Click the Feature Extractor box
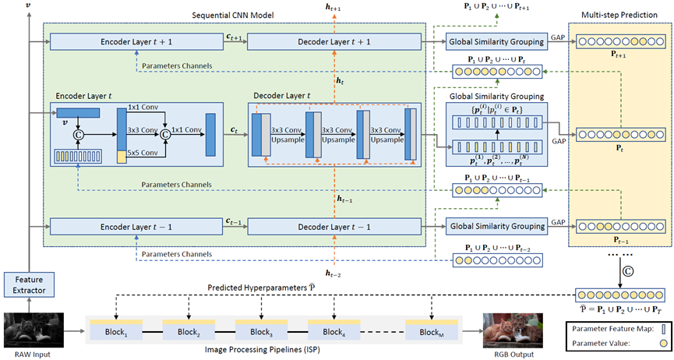point(29,284)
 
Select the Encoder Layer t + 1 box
point(136,42)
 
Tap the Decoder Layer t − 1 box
point(334,227)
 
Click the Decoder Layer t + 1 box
point(334,42)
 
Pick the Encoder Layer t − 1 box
point(136,227)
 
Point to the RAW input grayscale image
point(34,330)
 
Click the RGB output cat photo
point(513,330)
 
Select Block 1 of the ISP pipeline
point(116,330)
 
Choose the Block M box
point(432,330)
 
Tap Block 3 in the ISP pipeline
point(261,330)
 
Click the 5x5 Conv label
point(143,153)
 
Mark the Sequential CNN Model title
point(232,15)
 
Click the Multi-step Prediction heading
point(619,15)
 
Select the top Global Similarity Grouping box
point(496,42)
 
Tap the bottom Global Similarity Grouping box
point(497,227)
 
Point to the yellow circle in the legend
point(664,343)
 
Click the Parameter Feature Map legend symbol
point(664,329)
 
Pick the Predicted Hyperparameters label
point(261,288)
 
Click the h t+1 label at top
point(333,7)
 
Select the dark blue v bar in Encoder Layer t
point(78,113)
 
